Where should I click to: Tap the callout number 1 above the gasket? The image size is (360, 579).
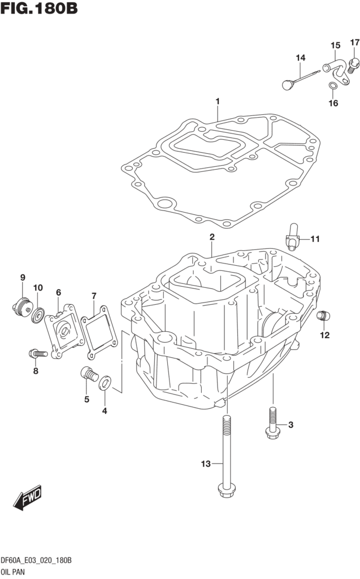click(x=217, y=102)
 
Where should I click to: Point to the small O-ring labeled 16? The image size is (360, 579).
click(x=333, y=86)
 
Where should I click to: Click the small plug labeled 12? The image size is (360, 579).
click(x=322, y=315)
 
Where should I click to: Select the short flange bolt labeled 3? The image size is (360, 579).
click(x=271, y=424)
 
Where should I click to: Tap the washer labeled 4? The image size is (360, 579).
click(x=105, y=384)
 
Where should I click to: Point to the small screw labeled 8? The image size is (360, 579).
click(x=36, y=354)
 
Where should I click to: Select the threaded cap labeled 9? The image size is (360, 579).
click(x=21, y=306)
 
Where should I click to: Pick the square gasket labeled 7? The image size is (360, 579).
click(x=99, y=329)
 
